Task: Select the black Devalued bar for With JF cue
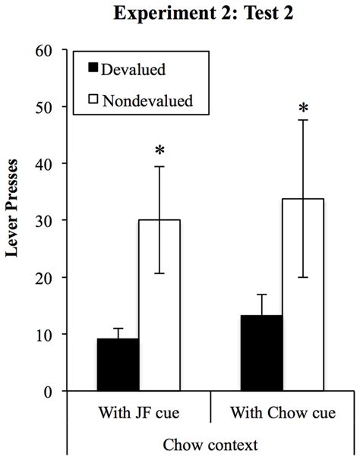[x=118, y=364]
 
